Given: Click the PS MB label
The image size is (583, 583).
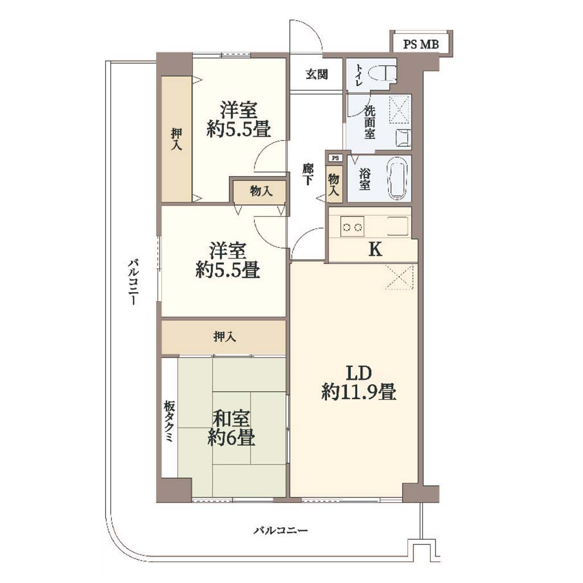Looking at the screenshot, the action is point(421,44).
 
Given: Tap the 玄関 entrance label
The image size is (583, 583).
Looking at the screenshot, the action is point(317,75).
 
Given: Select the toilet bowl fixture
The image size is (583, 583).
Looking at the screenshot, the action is point(384,73).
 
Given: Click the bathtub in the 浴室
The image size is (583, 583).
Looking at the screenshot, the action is point(398,179).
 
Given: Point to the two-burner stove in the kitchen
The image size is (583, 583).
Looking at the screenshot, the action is point(352,227).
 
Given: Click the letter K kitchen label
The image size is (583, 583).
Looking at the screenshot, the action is point(375,249).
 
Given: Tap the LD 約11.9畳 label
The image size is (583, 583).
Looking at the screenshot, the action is point(359,383).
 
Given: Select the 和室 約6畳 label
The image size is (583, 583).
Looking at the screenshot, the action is point(231,428).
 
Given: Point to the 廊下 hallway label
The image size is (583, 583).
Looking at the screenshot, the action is point(307,174).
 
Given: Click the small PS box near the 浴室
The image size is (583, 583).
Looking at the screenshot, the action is point(335,158).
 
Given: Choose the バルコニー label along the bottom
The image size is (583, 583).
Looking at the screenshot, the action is point(281,530).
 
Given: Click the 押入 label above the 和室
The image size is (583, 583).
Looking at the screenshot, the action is point(224,337).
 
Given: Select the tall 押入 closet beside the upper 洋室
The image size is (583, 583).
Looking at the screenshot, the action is point(176,139).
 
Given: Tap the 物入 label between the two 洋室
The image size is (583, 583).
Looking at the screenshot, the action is point(261,191).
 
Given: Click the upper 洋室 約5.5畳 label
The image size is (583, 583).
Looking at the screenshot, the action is point(239,120).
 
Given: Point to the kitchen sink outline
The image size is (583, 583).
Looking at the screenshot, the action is point(398,226).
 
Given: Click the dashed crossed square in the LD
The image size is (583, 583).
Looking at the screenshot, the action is point(399,277).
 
